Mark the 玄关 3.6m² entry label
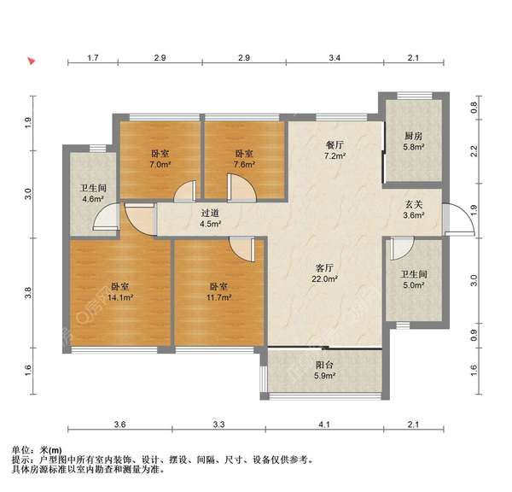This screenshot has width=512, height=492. click(x=414, y=210)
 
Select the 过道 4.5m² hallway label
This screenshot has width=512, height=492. click(x=210, y=219)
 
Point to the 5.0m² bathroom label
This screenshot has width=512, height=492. click(x=413, y=280)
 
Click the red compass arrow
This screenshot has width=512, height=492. click(x=32, y=61)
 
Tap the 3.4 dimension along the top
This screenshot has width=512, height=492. click(x=335, y=58)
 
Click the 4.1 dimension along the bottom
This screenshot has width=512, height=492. click(x=322, y=425)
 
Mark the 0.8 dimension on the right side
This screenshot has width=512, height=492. click(x=475, y=108)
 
